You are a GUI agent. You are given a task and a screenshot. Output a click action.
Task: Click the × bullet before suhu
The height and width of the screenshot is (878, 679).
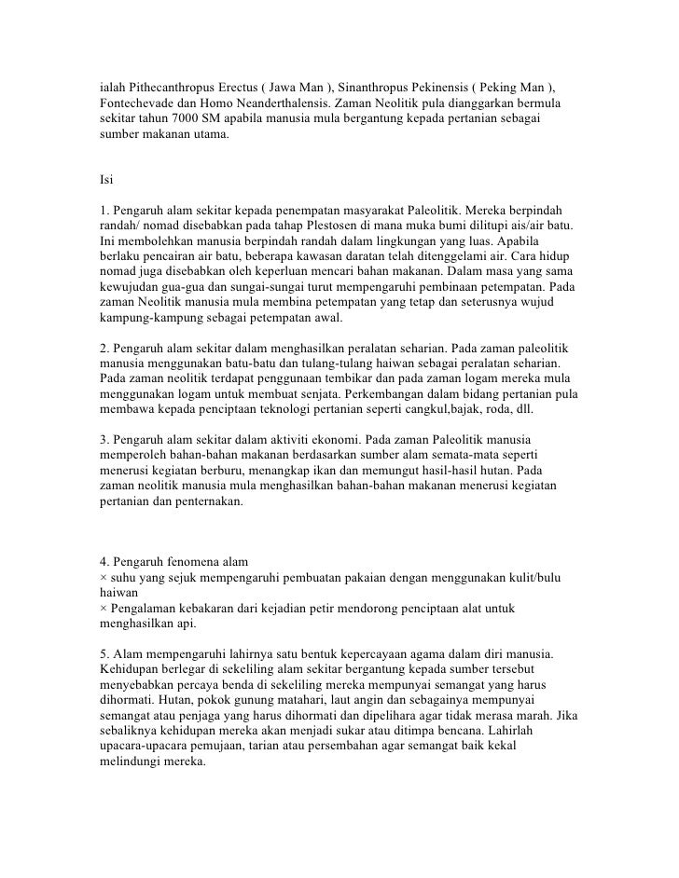click(x=104, y=578)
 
